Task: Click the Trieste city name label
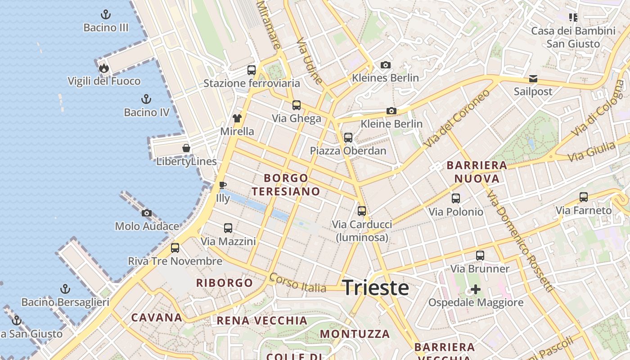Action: click(x=376, y=288)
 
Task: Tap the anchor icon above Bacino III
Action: click(x=106, y=14)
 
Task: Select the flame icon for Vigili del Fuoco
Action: click(x=104, y=68)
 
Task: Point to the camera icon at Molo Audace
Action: click(x=147, y=213)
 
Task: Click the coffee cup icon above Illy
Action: click(x=222, y=185)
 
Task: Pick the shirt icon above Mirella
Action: click(x=237, y=118)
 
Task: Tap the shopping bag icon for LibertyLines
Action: click(x=186, y=148)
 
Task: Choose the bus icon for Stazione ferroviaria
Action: click(x=252, y=70)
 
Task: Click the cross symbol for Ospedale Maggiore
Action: click(x=476, y=289)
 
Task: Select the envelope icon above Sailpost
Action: click(x=533, y=79)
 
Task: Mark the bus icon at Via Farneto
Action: click(x=584, y=197)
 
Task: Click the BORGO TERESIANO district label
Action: click(x=286, y=184)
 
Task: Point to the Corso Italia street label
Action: click(x=297, y=283)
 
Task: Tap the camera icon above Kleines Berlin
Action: click(x=385, y=65)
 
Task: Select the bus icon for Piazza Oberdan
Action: click(x=348, y=137)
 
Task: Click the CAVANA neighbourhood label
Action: click(x=157, y=317)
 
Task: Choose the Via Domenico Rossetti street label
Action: click(x=519, y=241)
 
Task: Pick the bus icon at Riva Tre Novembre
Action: click(x=175, y=248)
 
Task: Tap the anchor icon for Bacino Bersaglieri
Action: click(x=66, y=288)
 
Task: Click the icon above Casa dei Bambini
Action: click(x=573, y=18)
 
